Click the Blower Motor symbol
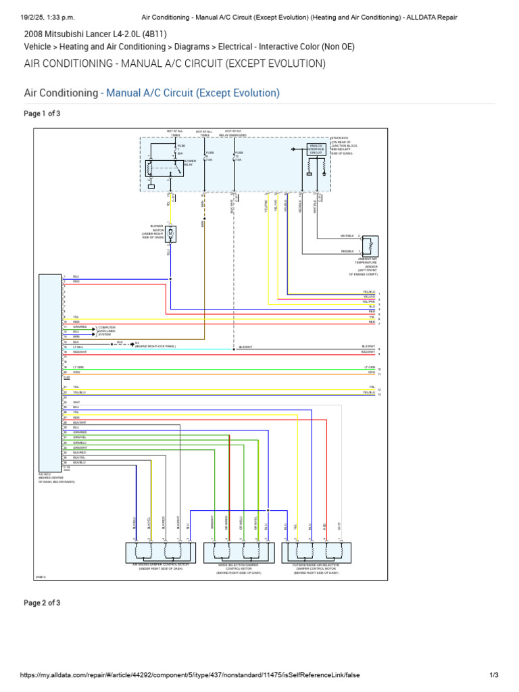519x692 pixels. point(172,234)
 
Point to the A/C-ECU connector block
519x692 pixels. point(50,372)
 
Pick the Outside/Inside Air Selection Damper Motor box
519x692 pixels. point(316,552)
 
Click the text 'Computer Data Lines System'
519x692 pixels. point(107,331)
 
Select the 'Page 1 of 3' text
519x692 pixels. point(42,114)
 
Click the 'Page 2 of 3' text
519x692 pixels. point(42,603)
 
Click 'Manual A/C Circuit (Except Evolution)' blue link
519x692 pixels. point(193,93)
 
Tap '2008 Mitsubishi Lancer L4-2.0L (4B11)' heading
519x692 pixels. point(95,34)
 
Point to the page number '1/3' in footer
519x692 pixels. point(493,675)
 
